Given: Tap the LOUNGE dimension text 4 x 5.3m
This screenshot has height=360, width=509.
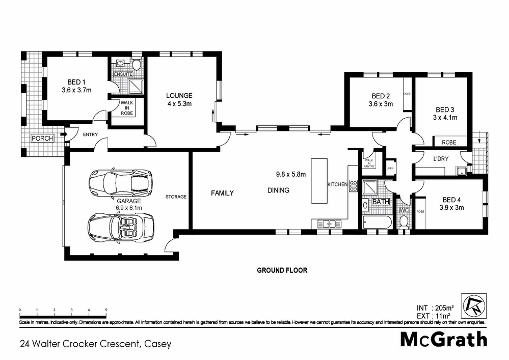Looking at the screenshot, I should (x=178, y=103).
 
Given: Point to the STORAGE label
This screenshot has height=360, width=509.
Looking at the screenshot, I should (x=176, y=197).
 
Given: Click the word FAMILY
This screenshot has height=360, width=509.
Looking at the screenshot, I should (x=222, y=193).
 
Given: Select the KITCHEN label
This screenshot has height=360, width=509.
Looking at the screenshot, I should (x=337, y=184).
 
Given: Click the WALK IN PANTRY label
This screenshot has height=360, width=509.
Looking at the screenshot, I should (x=369, y=162).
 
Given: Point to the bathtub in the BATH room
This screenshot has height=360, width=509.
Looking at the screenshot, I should (x=377, y=223).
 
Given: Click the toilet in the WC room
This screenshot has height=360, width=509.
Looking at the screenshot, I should (x=404, y=221).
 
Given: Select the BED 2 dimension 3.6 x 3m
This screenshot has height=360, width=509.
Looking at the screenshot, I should (x=380, y=104).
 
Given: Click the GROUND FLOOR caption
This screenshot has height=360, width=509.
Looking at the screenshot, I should (x=282, y=270).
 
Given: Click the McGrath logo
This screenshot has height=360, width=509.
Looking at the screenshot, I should (x=443, y=339).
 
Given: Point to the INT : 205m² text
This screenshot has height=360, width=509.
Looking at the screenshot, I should (x=435, y=308).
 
